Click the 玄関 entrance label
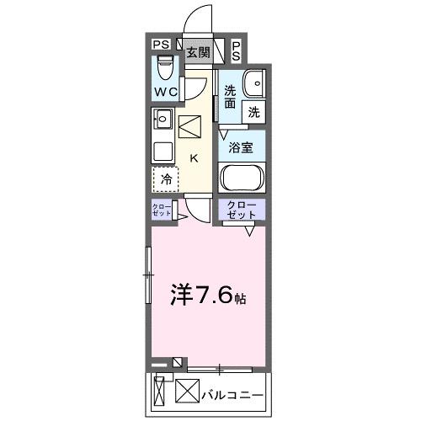[x=198, y=52]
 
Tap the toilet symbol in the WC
[x=165, y=66]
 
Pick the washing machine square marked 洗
[x=253, y=110]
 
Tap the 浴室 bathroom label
[x=242, y=147]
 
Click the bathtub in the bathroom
[x=242, y=179]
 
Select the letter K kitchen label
[x=193, y=157]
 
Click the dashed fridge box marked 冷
[x=166, y=179]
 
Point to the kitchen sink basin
[x=163, y=120]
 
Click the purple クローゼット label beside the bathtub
[x=242, y=210]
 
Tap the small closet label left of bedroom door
[x=161, y=210]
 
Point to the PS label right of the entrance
[x=236, y=51]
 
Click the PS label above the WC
[x=161, y=45]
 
